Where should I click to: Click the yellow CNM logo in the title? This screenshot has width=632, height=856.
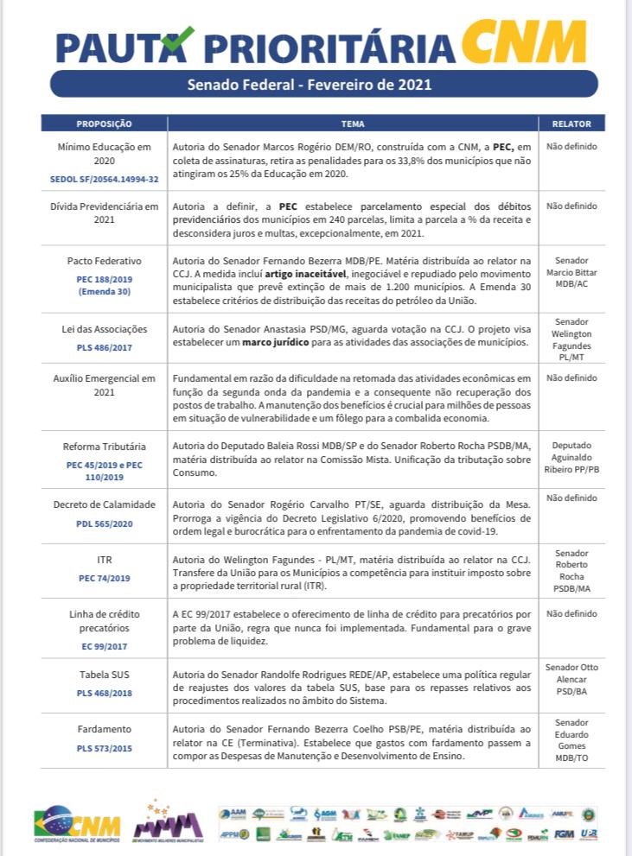(523, 42)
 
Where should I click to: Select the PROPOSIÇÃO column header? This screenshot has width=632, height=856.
(104, 123)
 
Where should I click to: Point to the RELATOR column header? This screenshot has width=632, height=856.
(571, 123)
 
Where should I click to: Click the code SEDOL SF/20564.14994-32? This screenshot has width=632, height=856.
(104, 179)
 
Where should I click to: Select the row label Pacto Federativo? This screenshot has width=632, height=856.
(104, 260)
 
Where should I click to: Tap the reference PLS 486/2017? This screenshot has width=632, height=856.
(104, 347)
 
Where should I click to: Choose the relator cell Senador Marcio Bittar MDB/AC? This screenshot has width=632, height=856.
(571, 271)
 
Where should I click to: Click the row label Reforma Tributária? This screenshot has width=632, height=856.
(104, 447)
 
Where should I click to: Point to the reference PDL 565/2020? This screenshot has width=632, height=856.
(104, 523)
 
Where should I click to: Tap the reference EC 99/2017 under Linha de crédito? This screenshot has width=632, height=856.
(104, 645)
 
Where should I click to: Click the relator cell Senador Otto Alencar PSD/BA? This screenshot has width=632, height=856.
(571, 679)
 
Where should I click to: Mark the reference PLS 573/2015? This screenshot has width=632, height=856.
(104, 748)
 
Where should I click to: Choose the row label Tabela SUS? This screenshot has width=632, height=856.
(104, 675)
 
